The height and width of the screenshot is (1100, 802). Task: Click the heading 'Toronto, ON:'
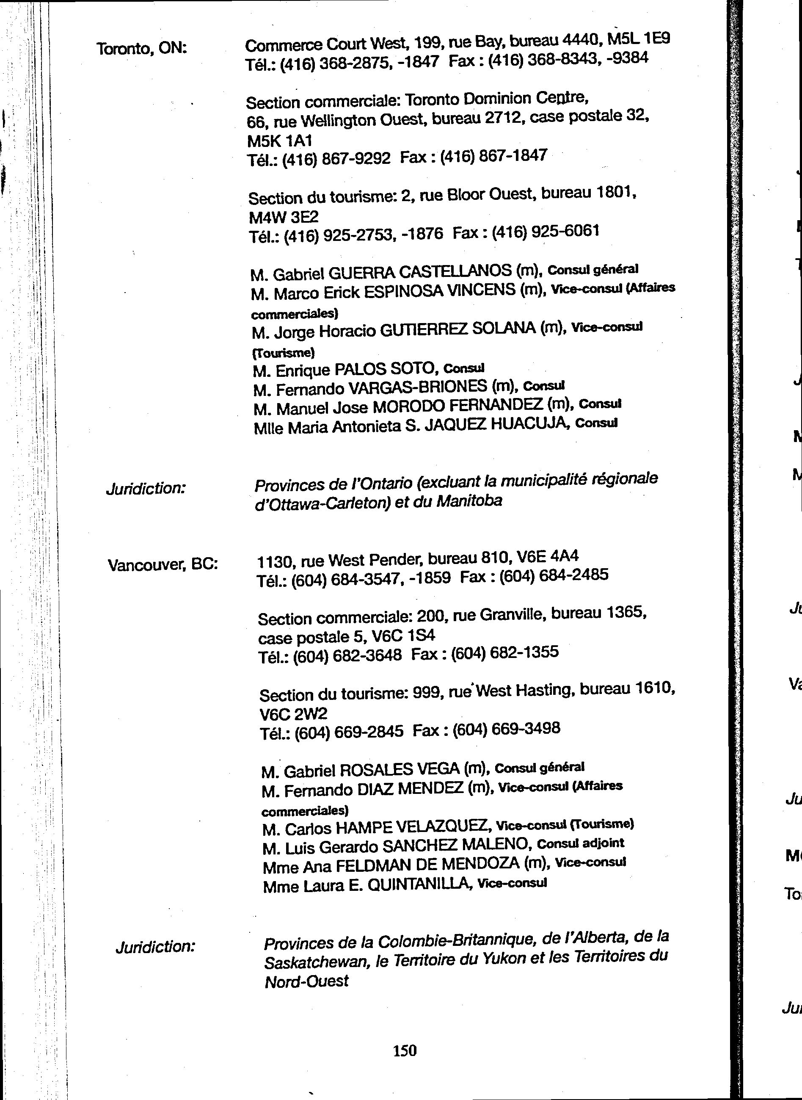click(142, 48)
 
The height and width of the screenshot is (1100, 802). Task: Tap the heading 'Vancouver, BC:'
click(163, 564)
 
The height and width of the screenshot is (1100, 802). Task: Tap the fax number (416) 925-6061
click(545, 232)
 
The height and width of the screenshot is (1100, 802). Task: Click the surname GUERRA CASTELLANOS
click(420, 271)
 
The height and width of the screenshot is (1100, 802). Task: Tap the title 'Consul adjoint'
click(581, 843)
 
